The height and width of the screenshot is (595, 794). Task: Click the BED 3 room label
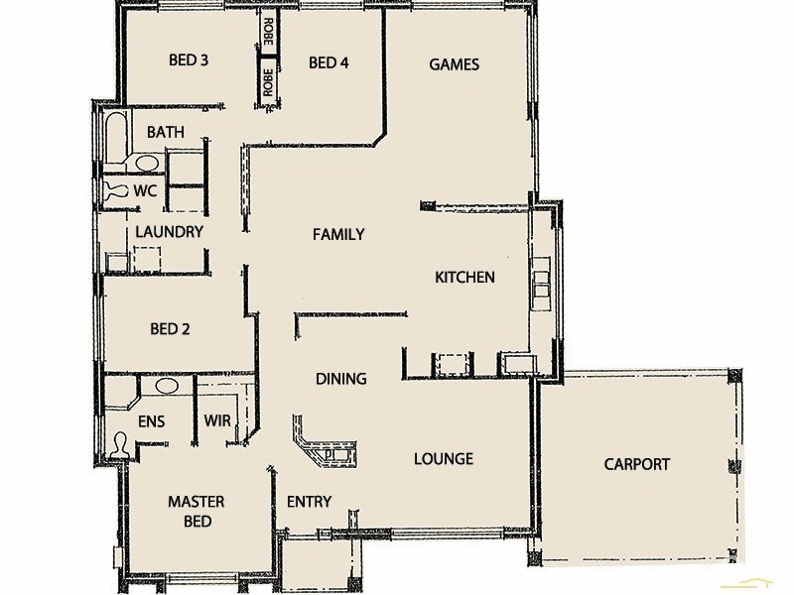(189, 60)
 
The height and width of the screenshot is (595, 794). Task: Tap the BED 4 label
(329, 63)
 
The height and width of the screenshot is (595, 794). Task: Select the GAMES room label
(454, 64)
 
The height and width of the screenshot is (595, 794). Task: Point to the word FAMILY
(338, 235)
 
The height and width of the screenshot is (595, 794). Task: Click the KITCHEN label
(464, 278)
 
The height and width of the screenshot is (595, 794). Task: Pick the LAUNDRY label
(169, 232)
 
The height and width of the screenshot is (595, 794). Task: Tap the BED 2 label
(170, 329)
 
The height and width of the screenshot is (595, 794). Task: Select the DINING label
(340, 379)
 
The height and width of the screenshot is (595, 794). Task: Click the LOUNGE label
(443, 459)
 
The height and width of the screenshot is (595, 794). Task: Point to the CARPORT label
(636, 464)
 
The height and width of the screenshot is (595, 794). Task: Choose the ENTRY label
(309, 502)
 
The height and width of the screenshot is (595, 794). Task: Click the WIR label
(217, 421)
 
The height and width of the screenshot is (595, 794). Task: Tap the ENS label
(151, 421)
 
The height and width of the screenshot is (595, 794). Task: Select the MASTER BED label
(196, 512)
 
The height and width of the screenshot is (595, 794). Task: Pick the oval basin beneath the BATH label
(146, 163)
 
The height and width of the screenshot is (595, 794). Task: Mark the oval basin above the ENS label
(166, 385)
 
